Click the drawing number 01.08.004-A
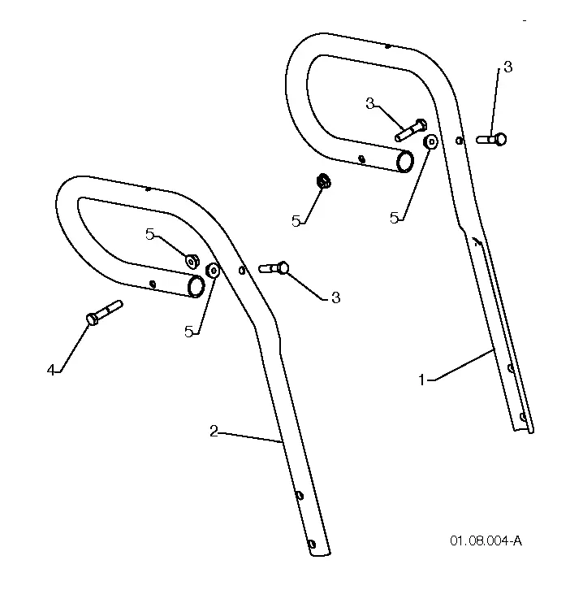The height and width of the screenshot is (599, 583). pos(486,541)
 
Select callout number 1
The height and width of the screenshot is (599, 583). pos(421,380)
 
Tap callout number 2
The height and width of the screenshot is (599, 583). pos(214,432)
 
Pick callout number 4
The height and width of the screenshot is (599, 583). pos(51,370)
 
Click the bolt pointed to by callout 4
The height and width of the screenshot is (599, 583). pos(104,313)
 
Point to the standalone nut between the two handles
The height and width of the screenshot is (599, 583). pos(323,180)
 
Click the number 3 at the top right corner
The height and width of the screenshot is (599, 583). pos(507,67)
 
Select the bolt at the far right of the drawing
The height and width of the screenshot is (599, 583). pos(491,139)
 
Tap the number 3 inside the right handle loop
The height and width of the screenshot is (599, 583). pos(369,103)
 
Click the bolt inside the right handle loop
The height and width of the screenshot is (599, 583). pos(411,130)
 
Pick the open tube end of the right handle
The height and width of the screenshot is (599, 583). pos(405,161)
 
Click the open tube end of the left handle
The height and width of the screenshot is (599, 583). pos(196,286)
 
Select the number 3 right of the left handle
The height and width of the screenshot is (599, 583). pos(336,297)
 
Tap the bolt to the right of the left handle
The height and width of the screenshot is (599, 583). pos(274,267)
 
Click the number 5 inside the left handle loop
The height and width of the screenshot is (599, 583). pos(150,235)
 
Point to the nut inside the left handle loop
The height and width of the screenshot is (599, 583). pos(192,261)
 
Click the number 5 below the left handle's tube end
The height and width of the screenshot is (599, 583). pos(188,332)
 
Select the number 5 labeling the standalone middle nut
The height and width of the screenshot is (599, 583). pos(296,221)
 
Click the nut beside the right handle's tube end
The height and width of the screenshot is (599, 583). pos(431,142)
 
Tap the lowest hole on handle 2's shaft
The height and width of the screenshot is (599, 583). pos(312,544)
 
